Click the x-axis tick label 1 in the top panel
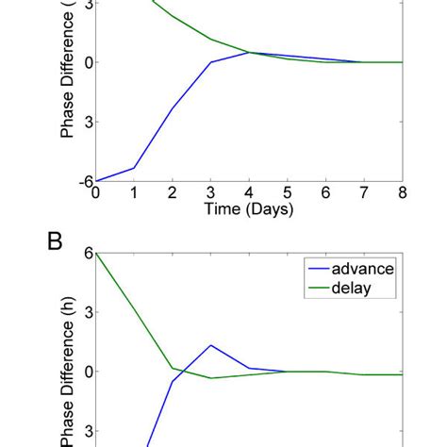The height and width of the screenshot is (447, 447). pos(133,193)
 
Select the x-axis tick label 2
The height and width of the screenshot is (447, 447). pos(172,193)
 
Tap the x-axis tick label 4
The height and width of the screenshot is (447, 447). pos(249,193)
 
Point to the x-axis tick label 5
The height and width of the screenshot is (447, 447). pos(288,193)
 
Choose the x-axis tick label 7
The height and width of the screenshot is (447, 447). pos(364,193)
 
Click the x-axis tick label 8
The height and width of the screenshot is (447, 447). pos(403,193)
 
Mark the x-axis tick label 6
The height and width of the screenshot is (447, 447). pos(325,193)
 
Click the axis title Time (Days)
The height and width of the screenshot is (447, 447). pos(249,209)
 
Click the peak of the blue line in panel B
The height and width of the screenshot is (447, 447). pos(210,345)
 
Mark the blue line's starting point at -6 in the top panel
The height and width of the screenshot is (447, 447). pos(95,181)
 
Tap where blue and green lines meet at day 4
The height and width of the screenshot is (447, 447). pos(249,53)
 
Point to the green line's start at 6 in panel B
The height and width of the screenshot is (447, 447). pos(95,253)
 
